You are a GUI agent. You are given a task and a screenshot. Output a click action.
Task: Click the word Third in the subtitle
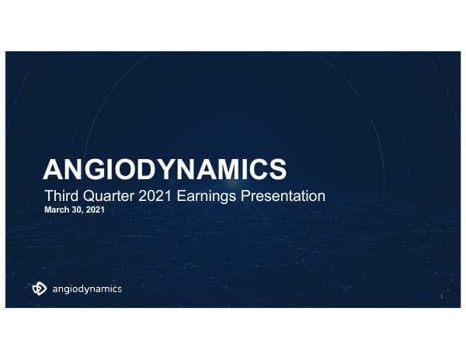pos(60,196)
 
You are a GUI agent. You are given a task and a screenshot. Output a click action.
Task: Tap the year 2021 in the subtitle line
pos(154,196)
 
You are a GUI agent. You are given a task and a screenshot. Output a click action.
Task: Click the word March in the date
pos(55,209)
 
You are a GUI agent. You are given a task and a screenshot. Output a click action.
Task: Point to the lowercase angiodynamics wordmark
pos(86,289)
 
